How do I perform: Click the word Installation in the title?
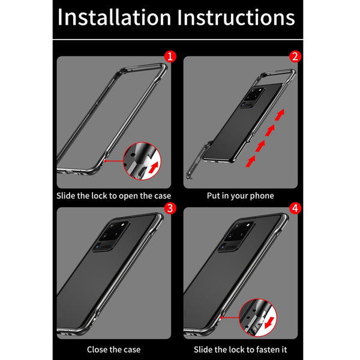[114, 17]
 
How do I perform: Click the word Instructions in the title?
[236, 17]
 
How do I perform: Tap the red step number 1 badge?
[170, 56]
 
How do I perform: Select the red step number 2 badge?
[295, 56]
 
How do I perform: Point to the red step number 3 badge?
[170, 208]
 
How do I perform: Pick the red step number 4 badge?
[295, 208]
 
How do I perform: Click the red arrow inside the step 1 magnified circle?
[154, 167]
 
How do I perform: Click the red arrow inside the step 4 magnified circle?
[269, 323]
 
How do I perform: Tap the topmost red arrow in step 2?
[280, 115]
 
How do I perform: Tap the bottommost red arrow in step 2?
[250, 161]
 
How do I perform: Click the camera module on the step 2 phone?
[253, 97]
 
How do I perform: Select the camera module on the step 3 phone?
[112, 236]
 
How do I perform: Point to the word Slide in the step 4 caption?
[203, 349]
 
